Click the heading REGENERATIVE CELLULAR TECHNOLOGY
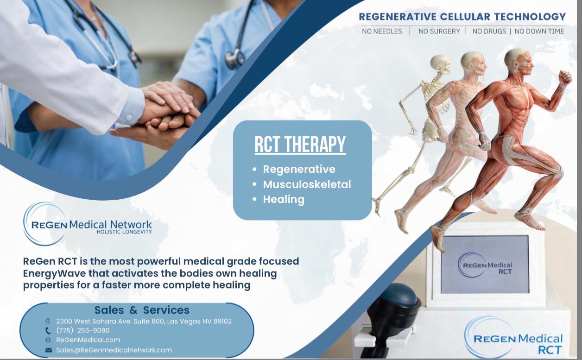(462, 17)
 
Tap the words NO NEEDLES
(382, 32)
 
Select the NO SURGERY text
(439, 32)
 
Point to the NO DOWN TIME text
(539, 32)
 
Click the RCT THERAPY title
(300, 145)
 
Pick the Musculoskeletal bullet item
(307, 184)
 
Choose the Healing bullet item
(284, 200)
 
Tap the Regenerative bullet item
(299, 170)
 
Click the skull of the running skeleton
(440, 63)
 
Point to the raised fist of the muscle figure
(565, 78)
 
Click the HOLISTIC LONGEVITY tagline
(124, 232)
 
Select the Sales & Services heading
(142, 310)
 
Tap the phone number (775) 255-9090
(83, 330)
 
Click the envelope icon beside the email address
(49, 350)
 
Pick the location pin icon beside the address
(48, 321)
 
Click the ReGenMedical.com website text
(88, 340)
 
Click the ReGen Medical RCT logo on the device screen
(485, 265)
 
